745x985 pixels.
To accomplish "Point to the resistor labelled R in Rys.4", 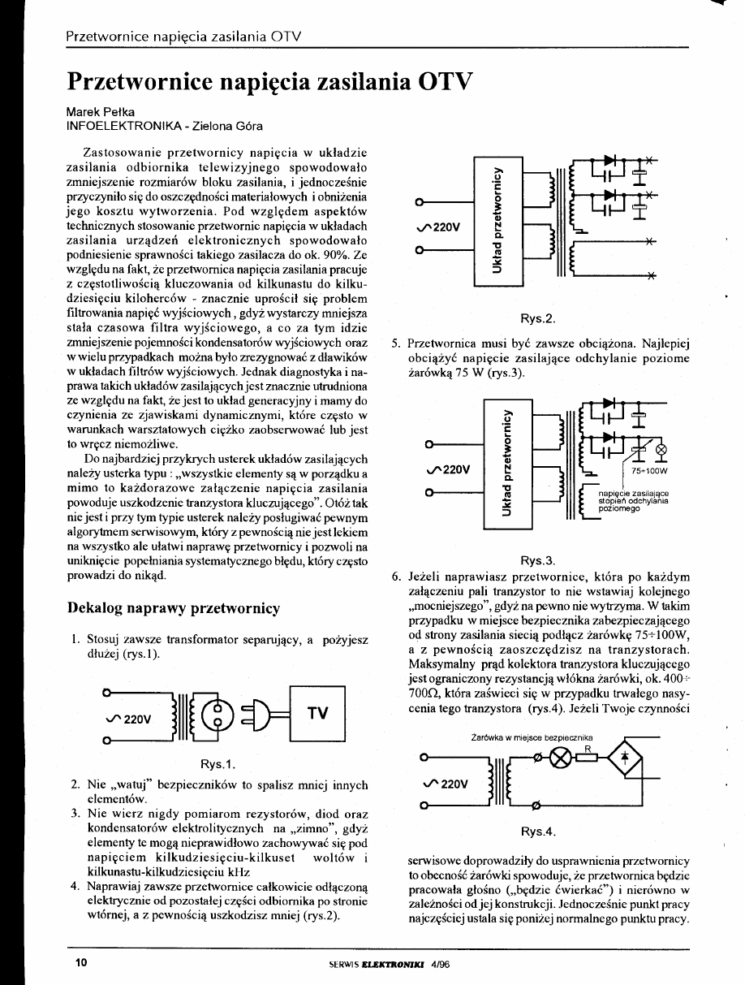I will pos(589,758).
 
